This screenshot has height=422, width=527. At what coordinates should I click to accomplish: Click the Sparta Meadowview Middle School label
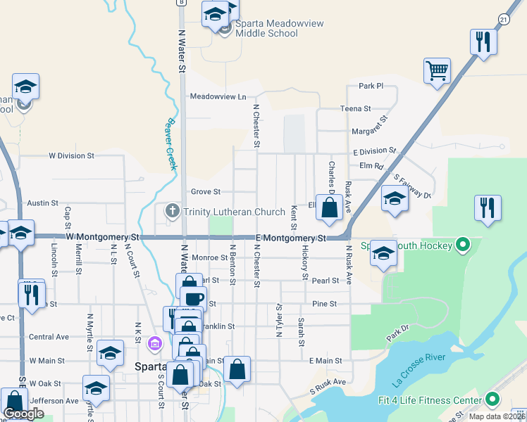pyautogui.click(x=280, y=29)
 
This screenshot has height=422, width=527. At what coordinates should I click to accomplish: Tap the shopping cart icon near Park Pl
pyautogui.click(x=437, y=70)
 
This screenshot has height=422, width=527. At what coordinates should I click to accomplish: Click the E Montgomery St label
pyautogui.click(x=290, y=238)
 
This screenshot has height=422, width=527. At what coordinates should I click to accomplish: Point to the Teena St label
pyautogui.click(x=355, y=109)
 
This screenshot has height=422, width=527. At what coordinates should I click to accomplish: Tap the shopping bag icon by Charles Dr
pyautogui.click(x=329, y=208)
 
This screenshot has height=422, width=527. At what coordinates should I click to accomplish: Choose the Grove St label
pyautogui.click(x=206, y=191)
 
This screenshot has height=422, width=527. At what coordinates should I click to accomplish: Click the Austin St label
pyautogui.click(x=42, y=203)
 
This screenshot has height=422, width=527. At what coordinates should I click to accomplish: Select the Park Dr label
pyautogui.click(x=400, y=332)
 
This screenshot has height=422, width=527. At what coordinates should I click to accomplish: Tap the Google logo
pyautogui.click(x=23, y=414)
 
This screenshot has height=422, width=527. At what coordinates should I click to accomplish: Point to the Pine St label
pyautogui.click(x=324, y=304)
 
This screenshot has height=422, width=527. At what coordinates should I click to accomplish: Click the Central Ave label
pyautogui.click(x=49, y=337)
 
